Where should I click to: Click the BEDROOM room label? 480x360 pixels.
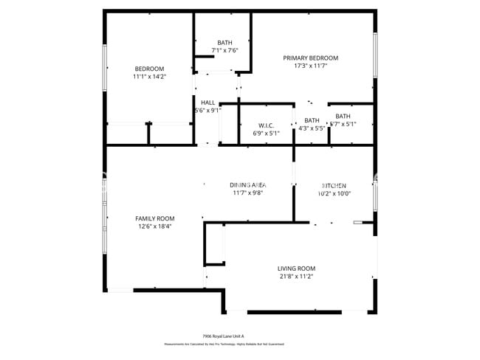(149, 69)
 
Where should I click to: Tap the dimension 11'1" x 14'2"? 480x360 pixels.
(149, 77)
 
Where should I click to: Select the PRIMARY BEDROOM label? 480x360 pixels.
(311, 58)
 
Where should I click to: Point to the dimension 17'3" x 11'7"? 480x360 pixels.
(311, 66)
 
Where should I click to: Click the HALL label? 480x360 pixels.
(208, 103)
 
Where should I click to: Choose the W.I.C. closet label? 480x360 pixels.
(267, 125)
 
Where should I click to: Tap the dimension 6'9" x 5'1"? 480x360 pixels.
(267, 134)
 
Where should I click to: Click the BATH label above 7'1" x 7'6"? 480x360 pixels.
(224, 42)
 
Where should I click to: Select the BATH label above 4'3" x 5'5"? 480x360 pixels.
(312, 120)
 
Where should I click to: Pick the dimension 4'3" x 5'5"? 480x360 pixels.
(312, 128)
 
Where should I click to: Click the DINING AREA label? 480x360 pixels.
(247, 184)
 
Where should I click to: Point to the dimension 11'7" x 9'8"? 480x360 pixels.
(247, 193)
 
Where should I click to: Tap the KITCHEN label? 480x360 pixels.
(335, 185)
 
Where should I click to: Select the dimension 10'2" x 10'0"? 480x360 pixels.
(335, 193)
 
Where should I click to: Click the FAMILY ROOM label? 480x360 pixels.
(154, 218)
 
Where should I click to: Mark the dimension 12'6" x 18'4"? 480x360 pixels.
(154, 226)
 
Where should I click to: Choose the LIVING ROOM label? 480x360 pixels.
(296, 269)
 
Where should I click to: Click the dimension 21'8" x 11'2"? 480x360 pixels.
(296, 277)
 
